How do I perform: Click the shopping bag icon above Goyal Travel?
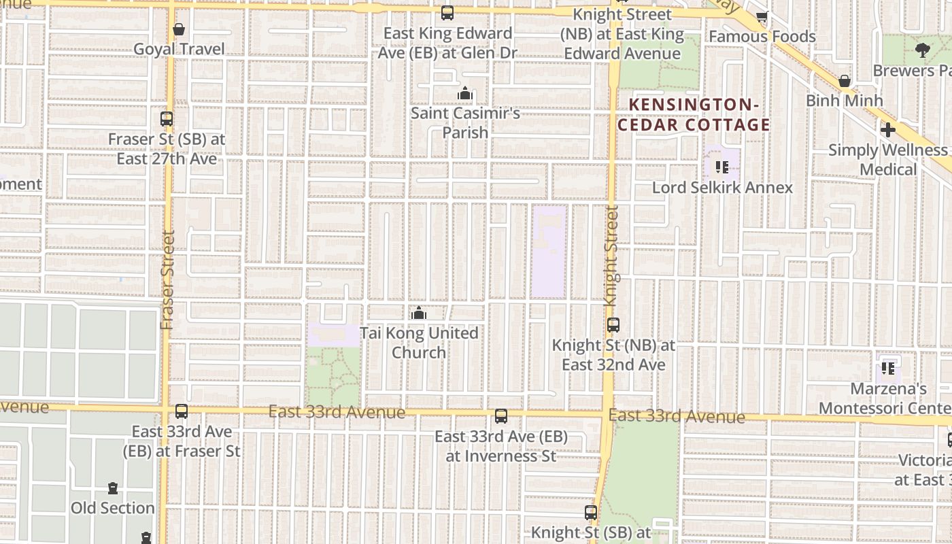pos(179,29)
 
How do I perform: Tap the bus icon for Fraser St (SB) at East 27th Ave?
pos(167,119)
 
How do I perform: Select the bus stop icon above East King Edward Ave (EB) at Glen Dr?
pos(447,13)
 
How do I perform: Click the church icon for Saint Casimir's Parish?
pos(465,93)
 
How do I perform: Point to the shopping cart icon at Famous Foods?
pos(762,17)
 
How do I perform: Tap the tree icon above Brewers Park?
pos(923,50)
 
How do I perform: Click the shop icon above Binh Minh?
pos(845,81)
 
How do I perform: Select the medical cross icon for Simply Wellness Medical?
pos(887,129)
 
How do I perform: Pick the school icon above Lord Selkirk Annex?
pos(722,167)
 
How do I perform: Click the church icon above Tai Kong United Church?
pos(419,313)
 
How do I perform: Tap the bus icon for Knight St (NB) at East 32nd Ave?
pos(613,325)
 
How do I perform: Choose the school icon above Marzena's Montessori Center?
pos(888,368)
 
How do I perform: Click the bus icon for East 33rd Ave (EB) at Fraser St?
pos(182,411)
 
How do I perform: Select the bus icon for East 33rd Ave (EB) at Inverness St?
pos(501,416)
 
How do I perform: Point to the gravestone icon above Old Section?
pos(113,488)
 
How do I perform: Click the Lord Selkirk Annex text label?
pos(722,188)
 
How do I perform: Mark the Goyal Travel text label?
pos(179,49)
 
